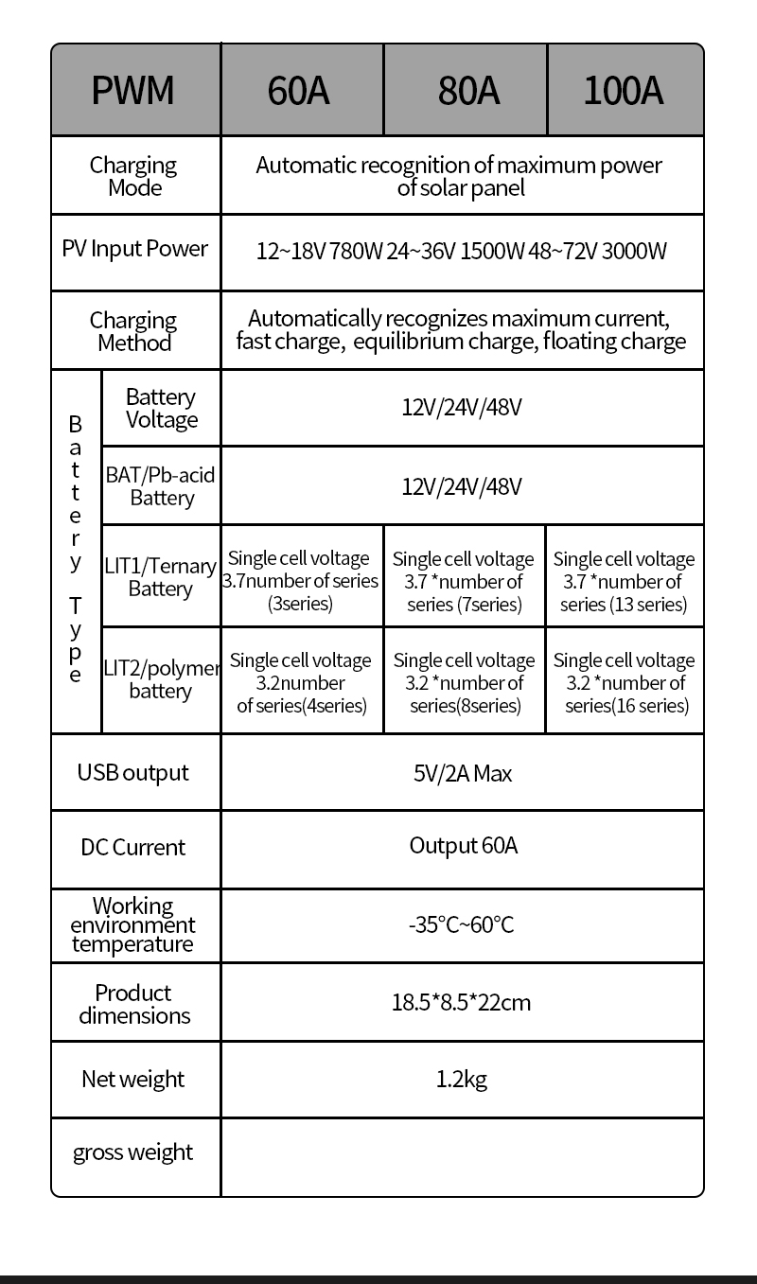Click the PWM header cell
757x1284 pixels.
[133, 91]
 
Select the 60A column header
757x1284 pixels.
[299, 91]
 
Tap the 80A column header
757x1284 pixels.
[467, 91]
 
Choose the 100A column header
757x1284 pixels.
[624, 91]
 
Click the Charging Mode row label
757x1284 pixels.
[133, 176]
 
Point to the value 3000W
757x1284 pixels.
[634, 251]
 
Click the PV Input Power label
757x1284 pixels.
[134, 249]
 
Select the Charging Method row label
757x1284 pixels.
[133, 331]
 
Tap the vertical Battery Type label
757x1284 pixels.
[76, 549]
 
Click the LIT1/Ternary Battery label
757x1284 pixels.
[160, 577]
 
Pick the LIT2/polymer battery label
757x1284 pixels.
[160, 679]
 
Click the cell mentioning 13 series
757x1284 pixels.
[624, 582]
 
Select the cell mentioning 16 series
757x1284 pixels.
[625, 683]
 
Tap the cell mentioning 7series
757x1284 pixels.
[464, 582]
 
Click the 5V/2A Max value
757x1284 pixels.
[462, 774]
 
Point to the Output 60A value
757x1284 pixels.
[463, 845]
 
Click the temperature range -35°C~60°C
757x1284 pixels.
[462, 924]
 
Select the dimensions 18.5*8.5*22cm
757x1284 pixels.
[461, 1002]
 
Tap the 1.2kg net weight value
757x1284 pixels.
[462, 1079]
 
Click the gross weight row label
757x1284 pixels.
[132, 1152]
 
